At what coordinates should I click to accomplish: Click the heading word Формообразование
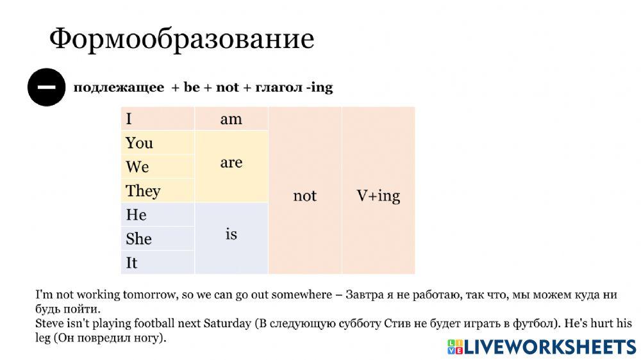point(181,40)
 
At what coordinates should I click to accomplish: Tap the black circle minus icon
point(46,86)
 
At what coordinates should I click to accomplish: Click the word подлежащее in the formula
point(119,87)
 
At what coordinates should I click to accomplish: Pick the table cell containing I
point(158,119)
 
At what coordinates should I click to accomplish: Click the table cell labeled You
point(158,143)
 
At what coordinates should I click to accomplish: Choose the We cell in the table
point(158,167)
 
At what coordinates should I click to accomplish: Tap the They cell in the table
point(158,191)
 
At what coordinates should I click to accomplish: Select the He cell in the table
point(158,215)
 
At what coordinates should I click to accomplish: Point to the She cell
point(158,239)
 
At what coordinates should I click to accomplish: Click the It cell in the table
point(158,263)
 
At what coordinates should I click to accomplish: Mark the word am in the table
point(231,119)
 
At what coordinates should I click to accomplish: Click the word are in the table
point(231,163)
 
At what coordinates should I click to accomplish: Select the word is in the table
point(231,234)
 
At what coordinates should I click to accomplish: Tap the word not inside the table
point(304,195)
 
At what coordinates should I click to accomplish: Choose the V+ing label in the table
point(378,195)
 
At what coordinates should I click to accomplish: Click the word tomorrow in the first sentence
point(147,295)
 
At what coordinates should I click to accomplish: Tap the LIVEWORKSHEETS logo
point(541,347)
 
